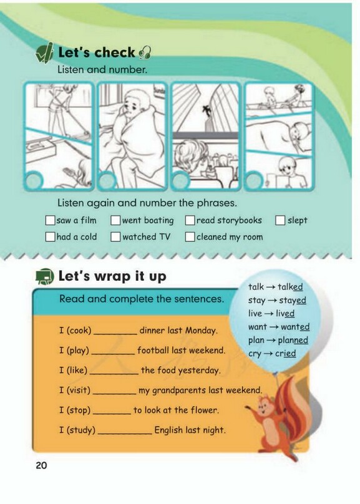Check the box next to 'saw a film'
tap(50, 221)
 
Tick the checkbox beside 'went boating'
tap(115, 221)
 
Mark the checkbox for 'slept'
tap(280, 221)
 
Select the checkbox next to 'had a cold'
tap(50, 237)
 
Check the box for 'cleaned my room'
tap(190, 237)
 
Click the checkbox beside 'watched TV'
tap(115, 237)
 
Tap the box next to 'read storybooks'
tap(190, 221)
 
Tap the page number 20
tap(41, 465)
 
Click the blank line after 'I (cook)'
tap(115, 335)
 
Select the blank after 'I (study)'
tap(125, 434)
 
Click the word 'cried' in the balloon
tap(285, 354)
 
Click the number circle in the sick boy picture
tap(107, 181)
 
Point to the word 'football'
tap(153, 350)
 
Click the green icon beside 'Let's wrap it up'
tap(45, 276)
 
